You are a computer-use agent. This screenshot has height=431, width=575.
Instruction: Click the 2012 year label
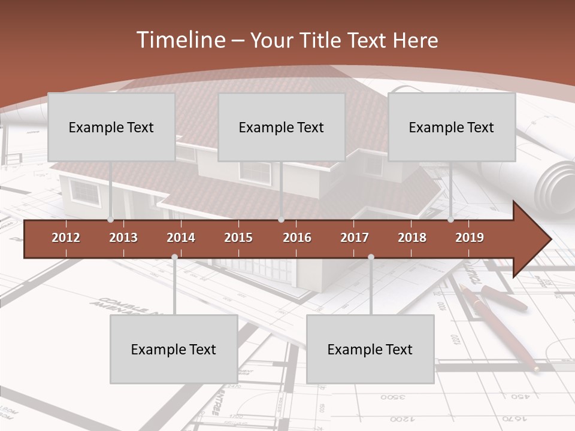[66, 238]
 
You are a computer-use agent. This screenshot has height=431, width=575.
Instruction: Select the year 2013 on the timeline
[123, 238]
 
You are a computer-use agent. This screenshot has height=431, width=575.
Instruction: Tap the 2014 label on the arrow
[181, 238]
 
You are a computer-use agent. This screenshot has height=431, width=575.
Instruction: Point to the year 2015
[238, 238]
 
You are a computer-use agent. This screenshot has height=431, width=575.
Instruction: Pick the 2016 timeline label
[297, 238]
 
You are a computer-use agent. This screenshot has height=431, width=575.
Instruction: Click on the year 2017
[355, 238]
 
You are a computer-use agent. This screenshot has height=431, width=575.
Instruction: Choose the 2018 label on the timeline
[412, 238]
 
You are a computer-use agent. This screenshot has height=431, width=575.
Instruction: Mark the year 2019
[470, 238]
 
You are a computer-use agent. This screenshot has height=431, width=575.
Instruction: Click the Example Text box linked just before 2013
[111, 127]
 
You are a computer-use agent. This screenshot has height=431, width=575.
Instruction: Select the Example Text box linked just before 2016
[282, 127]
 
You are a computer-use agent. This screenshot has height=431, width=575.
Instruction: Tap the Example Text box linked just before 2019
[452, 127]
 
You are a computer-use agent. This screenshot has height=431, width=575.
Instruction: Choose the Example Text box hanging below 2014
[174, 349]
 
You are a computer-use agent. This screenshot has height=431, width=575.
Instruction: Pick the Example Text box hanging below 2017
[370, 349]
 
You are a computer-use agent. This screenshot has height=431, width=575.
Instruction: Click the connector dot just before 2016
[282, 220]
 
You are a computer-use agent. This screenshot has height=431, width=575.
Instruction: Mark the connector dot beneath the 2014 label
[174, 257]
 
